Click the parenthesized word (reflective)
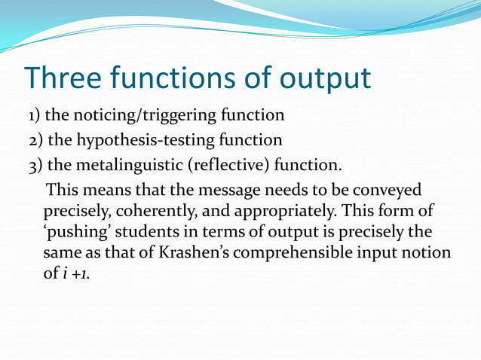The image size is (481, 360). click(x=234, y=164)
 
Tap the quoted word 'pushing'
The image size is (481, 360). click(x=75, y=231)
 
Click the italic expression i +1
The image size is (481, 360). click(x=75, y=273)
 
